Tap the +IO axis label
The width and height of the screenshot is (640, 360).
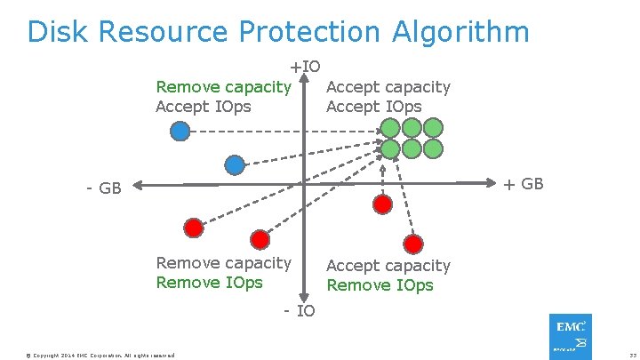click(x=304, y=67)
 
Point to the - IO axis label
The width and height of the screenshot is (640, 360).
click(x=299, y=310)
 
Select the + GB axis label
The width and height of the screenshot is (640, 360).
click(x=524, y=184)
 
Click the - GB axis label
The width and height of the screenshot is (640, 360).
click(x=103, y=188)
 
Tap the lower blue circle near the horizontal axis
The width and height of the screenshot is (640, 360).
click(x=235, y=164)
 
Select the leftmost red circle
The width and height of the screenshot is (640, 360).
click(x=193, y=226)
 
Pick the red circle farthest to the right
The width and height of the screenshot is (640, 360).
click(x=412, y=243)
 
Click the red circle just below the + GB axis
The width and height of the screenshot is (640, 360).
click(x=382, y=204)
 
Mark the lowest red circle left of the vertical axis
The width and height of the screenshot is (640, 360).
click(x=260, y=239)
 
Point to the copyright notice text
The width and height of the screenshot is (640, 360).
click(x=100, y=355)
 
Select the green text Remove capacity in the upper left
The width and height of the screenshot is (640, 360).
click(x=223, y=87)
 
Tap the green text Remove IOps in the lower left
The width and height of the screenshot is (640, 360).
click(x=209, y=283)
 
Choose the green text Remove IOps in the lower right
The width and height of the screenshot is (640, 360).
click(x=380, y=285)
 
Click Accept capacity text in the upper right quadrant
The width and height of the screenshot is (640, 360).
click(x=388, y=87)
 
